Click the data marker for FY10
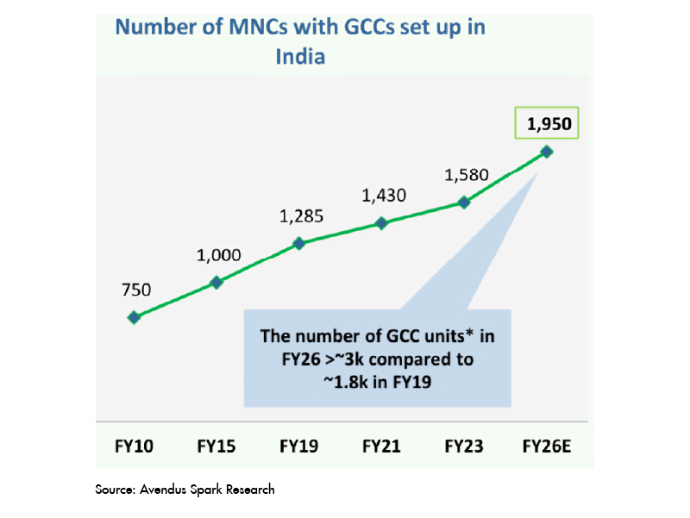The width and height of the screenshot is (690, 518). tap(134, 317)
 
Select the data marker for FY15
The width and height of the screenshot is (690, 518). tap(216, 282)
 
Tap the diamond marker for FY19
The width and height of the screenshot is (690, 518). tap(299, 243)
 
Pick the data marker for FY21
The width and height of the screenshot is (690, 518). tap(381, 223)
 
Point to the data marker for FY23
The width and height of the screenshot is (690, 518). tap(464, 203)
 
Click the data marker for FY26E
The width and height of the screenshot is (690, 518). tap(546, 152)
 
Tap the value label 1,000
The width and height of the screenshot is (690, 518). tap(217, 255)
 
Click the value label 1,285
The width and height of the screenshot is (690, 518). tap(300, 215)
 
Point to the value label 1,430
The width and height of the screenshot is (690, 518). tap(383, 196)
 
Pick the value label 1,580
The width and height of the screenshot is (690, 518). tap(466, 176)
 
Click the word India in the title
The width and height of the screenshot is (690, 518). tap(299, 57)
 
